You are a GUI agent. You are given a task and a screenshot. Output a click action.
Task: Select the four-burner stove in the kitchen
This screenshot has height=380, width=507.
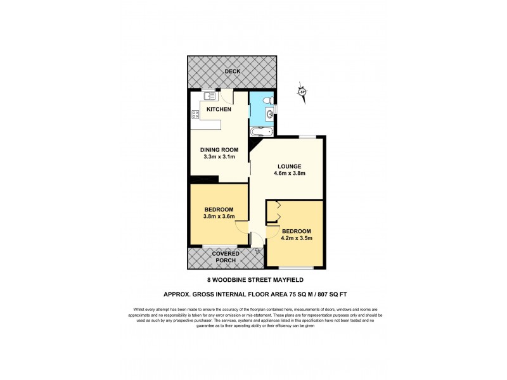(x=195, y=115)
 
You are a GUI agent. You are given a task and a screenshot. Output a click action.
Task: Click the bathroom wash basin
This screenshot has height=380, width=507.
(x=269, y=115)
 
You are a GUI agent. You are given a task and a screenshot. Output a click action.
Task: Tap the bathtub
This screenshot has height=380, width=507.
(x=261, y=132)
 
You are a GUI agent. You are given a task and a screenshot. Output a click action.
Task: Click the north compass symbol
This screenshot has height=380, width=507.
(x=302, y=92)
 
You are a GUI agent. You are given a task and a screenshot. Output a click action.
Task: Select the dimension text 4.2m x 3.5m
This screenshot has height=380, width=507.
(x=297, y=237)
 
